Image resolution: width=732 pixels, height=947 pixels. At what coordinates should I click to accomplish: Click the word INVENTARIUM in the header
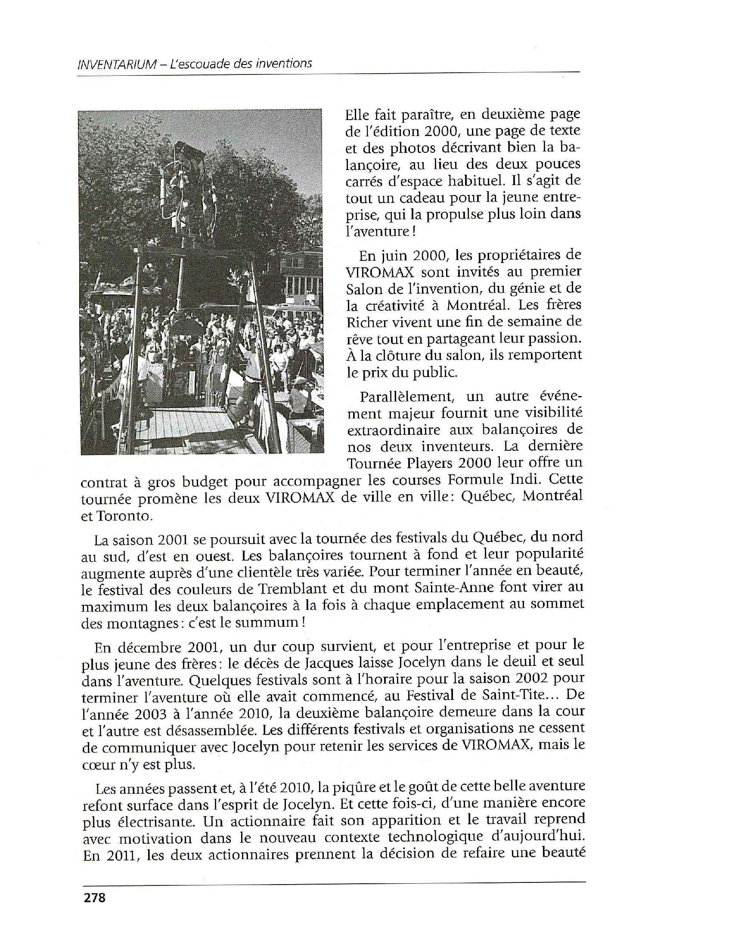116,65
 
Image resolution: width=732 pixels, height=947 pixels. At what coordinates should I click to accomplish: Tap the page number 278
94,897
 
